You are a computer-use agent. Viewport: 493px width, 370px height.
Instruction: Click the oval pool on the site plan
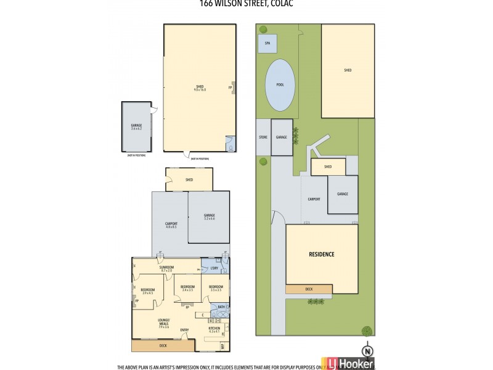(279, 85)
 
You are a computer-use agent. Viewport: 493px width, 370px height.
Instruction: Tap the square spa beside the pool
(267, 44)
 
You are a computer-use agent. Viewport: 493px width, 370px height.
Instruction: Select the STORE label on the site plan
(263, 137)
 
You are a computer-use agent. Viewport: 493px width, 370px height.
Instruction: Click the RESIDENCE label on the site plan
(321, 254)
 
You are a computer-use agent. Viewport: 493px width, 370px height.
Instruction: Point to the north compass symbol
(368, 350)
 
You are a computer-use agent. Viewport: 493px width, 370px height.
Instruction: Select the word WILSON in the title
(235, 3)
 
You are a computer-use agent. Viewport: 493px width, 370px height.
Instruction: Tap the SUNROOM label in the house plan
(166, 268)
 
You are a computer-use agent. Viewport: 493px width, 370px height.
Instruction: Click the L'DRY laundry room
(214, 269)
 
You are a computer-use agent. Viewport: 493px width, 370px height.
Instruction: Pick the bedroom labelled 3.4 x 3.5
(187, 288)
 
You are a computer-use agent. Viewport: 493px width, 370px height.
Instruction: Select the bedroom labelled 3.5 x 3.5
(215, 288)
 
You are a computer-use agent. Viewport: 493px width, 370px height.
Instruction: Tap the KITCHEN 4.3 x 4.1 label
(214, 330)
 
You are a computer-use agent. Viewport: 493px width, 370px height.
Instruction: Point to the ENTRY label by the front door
(184, 331)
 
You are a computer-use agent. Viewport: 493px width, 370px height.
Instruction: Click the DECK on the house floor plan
(163, 345)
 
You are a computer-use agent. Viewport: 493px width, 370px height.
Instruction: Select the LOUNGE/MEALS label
(163, 325)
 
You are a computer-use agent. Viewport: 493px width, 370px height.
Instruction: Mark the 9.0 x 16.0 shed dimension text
(199, 90)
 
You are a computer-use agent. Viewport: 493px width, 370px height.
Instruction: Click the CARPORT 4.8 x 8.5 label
(171, 225)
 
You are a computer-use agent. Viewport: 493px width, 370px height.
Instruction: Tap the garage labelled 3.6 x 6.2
(136, 127)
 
